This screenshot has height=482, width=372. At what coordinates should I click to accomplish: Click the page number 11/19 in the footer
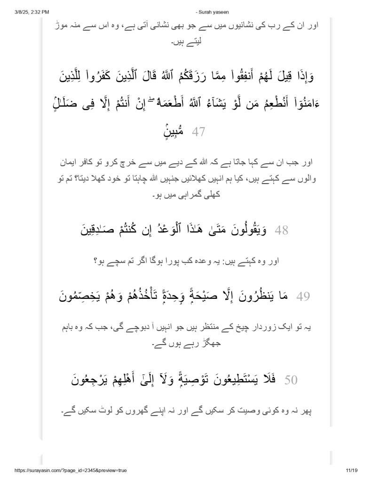(350, 470)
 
